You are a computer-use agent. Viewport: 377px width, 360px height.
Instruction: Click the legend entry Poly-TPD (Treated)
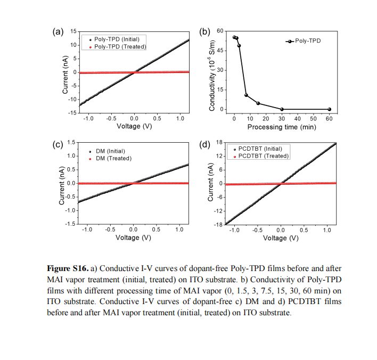point(118,47)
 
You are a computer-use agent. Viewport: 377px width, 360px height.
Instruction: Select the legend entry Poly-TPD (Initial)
point(114,39)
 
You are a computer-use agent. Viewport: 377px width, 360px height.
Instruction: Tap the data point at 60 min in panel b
point(330,109)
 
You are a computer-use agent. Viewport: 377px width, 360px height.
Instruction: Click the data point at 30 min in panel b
point(282,109)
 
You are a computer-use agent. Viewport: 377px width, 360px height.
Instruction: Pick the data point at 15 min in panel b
point(258,103)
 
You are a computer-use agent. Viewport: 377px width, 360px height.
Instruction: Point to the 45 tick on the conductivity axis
point(220,51)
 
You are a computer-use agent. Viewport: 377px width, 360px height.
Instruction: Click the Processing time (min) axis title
point(282,127)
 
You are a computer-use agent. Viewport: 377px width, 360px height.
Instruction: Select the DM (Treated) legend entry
point(110,159)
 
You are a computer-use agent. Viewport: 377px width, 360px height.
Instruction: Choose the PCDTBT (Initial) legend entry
point(258,149)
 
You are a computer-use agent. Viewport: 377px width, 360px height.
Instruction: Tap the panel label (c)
point(58,144)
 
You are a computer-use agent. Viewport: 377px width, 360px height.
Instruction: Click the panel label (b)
point(204,31)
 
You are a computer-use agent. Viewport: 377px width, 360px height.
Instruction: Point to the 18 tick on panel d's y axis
point(219,142)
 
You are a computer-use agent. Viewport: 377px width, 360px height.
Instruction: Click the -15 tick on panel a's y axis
point(72,113)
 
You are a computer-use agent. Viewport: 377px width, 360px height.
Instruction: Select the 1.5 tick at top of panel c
point(71,142)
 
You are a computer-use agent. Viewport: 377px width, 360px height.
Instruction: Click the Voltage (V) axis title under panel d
point(281,238)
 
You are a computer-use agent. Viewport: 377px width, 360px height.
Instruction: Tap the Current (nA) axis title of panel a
point(65,75)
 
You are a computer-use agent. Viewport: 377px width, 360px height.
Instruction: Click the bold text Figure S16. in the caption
point(68,268)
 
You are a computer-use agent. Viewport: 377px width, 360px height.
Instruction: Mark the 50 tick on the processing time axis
point(313,119)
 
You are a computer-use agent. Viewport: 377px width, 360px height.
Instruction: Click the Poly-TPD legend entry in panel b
point(303,41)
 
